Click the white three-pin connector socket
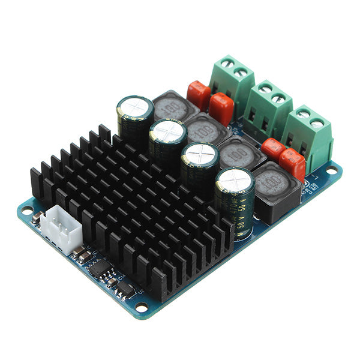coord(59,226)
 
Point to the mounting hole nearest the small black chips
coord(142,307)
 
